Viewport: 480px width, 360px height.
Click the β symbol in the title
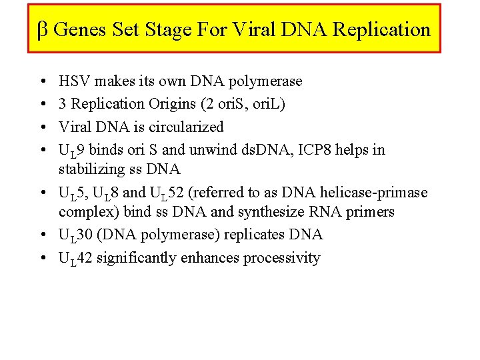point(41,30)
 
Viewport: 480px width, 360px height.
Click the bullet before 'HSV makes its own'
point(42,82)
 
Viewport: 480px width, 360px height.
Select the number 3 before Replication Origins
point(63,104)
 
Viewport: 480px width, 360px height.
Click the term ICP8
point(308,149)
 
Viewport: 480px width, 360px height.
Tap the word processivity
point(281,258)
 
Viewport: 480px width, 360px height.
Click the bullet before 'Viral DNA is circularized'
point(42,127)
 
